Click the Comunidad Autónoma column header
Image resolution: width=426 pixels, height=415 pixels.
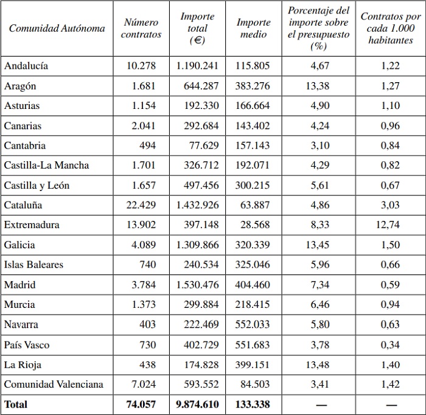click(57, 29)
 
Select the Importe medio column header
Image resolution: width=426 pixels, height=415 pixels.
click(253, 29)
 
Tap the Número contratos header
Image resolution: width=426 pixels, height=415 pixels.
click(141, 29)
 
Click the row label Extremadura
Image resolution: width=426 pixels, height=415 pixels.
click(32, 225)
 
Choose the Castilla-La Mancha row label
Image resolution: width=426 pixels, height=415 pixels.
click(46, 165)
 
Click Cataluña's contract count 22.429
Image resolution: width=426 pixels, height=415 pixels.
click(141, 205)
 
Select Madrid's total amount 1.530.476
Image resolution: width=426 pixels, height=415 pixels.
click(197, 285)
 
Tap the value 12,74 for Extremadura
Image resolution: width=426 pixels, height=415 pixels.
click(390, 225)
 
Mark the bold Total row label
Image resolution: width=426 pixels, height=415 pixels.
click(16, 403)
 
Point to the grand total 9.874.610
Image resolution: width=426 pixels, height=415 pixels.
click(197, 403)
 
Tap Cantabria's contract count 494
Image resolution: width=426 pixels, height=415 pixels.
click(147, 145)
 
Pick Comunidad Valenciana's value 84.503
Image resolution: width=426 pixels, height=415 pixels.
click(255, 384)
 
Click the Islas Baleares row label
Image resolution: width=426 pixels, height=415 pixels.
click(33, 265)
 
